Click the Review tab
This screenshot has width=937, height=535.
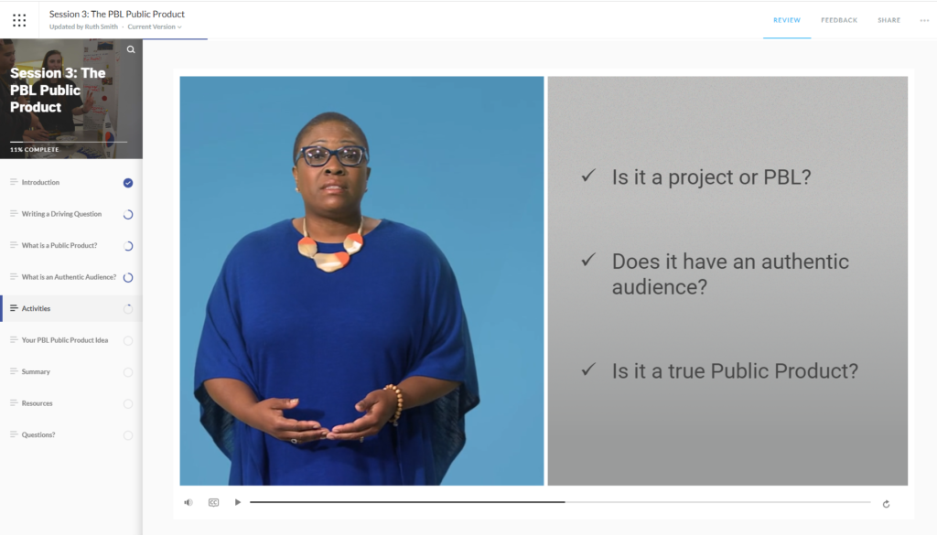786,20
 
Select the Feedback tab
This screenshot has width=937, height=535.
839,20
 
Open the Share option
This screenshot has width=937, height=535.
889,20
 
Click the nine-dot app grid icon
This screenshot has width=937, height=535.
19,20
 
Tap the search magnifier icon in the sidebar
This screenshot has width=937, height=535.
131,49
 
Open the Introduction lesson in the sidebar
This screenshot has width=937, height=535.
40,182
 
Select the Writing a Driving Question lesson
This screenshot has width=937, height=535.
61,214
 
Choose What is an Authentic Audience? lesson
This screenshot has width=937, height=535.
69,277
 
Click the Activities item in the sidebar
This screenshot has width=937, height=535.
36,309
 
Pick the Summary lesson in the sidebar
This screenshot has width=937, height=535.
36,371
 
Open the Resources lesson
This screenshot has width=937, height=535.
37,403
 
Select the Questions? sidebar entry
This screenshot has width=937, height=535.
38,434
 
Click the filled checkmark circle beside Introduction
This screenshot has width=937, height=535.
128,183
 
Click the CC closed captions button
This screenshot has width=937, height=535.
213,503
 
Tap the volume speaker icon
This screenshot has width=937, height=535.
188,503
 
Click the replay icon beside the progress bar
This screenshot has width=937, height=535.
886,504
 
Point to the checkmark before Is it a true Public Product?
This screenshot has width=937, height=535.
588,369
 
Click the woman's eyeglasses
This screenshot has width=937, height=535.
332,156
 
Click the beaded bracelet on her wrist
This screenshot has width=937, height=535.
395,403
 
